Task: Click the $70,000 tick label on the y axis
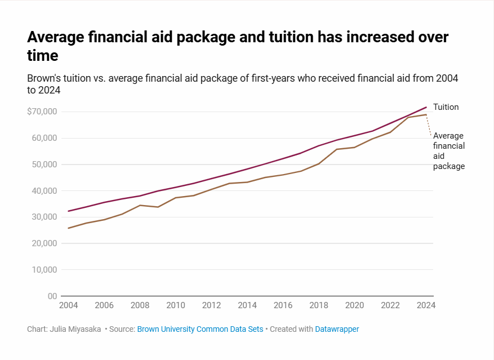(42, 112)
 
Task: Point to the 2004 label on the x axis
(68, 305)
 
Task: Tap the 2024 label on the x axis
(426, 305)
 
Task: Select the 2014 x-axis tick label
(247, 305)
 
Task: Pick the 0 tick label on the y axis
(52, 296)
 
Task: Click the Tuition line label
(446, 107)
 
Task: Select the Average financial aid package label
(448, 151)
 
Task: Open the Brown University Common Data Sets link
(200, 329)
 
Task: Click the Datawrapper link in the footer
(337, 329)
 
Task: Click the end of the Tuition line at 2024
(426, 107)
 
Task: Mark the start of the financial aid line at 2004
(68, 228)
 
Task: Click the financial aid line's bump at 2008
(140, 205)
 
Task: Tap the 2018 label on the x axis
(319, 305)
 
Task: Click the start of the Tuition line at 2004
(68, 211)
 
